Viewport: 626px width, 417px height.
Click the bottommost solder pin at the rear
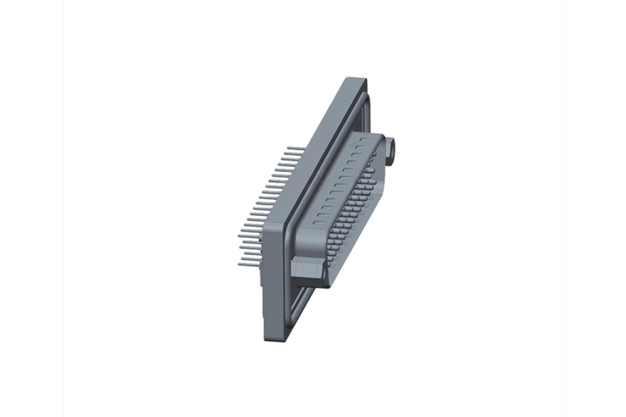(x=248, y=263)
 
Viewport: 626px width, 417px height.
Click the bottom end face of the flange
(x=278, y=337)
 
